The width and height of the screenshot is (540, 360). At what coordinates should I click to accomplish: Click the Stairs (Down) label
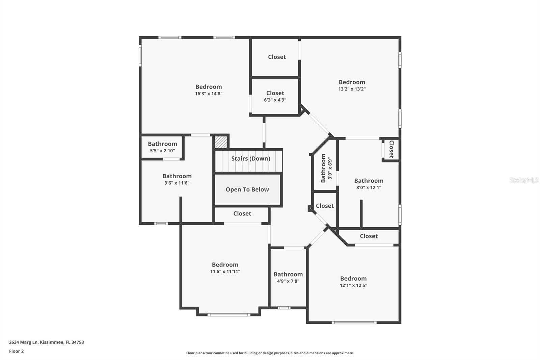click(250, 158)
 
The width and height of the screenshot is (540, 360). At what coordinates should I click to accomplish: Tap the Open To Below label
click(247, 189)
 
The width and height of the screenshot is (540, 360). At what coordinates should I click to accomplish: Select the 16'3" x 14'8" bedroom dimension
click(209, 94)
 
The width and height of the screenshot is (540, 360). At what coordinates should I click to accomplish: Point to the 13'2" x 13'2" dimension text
click(352, 89)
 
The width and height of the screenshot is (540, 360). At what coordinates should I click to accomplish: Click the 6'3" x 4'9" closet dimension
click(275, 100)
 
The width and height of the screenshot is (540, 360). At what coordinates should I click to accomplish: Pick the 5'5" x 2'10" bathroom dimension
click(162, 151)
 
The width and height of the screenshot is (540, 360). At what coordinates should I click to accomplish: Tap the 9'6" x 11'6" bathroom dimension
click(177, 183)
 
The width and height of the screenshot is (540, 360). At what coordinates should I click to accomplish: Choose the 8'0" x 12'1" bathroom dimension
click(369, 187)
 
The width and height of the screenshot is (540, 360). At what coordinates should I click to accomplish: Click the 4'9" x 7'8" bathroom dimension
click(288, 281)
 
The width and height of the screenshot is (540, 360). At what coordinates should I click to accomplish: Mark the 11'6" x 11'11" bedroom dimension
click(225, 271)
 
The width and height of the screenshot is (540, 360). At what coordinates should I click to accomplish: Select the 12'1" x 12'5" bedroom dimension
click(353, 285)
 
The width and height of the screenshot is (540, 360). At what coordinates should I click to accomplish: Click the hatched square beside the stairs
click(221, 142)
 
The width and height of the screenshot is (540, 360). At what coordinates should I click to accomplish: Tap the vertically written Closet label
click(391, 149)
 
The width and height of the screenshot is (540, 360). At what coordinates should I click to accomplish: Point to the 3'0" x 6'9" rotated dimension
click(330, 169)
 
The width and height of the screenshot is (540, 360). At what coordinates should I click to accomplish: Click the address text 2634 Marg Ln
click(46, 342)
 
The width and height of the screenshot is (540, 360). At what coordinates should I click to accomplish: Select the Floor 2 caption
click(16, 351)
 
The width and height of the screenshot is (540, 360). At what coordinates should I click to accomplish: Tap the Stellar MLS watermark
click(524, 180)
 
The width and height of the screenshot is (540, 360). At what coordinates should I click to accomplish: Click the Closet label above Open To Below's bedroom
click(242, 213)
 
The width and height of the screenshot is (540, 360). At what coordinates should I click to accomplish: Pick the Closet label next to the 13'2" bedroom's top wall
click(277, 57)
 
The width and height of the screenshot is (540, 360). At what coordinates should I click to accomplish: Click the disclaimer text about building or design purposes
click(270, 353)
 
